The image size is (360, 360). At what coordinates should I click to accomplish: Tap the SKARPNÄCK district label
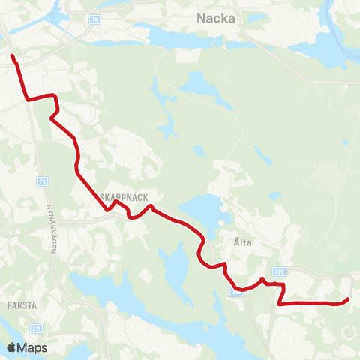[x=127, y=196]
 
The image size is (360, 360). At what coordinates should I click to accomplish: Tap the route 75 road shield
[x=94, y=19]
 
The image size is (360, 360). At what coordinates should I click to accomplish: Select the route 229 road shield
[x=280, y=272]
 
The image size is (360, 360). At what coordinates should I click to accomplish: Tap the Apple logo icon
[x=11, y=348]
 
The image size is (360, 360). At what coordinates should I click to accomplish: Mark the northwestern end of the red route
[x=12, y=55]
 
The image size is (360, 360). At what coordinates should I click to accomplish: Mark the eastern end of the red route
[x=348, y=300]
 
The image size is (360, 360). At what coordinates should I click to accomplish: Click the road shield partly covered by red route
[x=236, y=291]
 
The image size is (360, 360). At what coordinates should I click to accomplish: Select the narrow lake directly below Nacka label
[x=180, y=36]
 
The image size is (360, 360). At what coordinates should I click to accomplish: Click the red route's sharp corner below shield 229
[x=279, y=304]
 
